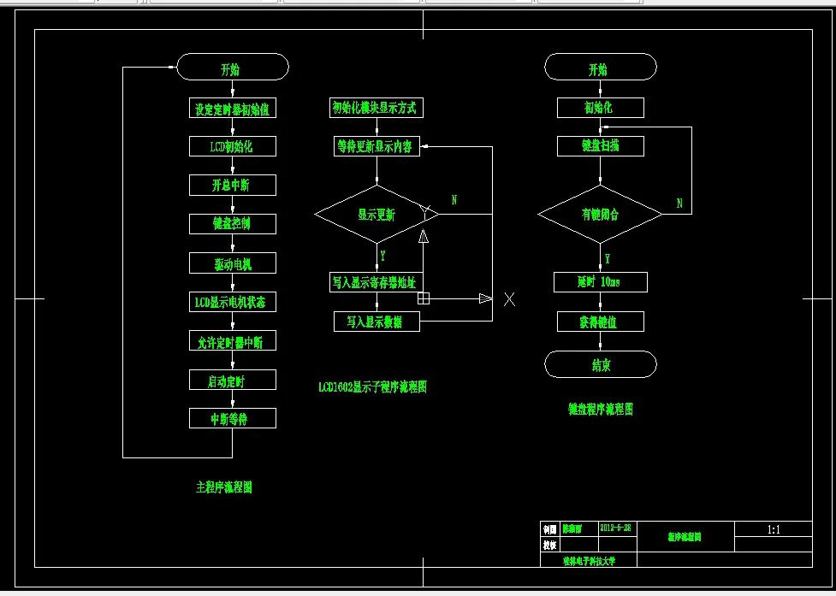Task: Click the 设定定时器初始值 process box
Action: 233,109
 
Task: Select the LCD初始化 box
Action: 233,146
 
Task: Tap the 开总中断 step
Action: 233,185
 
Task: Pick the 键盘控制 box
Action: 233,223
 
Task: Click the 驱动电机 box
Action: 233,263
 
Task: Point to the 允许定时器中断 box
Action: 233,341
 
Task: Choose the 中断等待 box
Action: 233,418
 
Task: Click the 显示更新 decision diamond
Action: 376,215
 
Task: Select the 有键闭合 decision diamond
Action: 600,214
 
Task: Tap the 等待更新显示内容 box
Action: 376,146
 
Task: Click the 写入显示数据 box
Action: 376,322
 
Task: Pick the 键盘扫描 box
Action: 600,145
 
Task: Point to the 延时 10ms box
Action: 600,281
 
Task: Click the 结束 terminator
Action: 600,365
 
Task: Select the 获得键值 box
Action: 600,322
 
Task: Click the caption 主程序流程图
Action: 224,487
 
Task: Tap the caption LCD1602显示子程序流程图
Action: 372,387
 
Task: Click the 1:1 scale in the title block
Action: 774,529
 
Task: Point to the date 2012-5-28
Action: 616,528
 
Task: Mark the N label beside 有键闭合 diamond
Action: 679,204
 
